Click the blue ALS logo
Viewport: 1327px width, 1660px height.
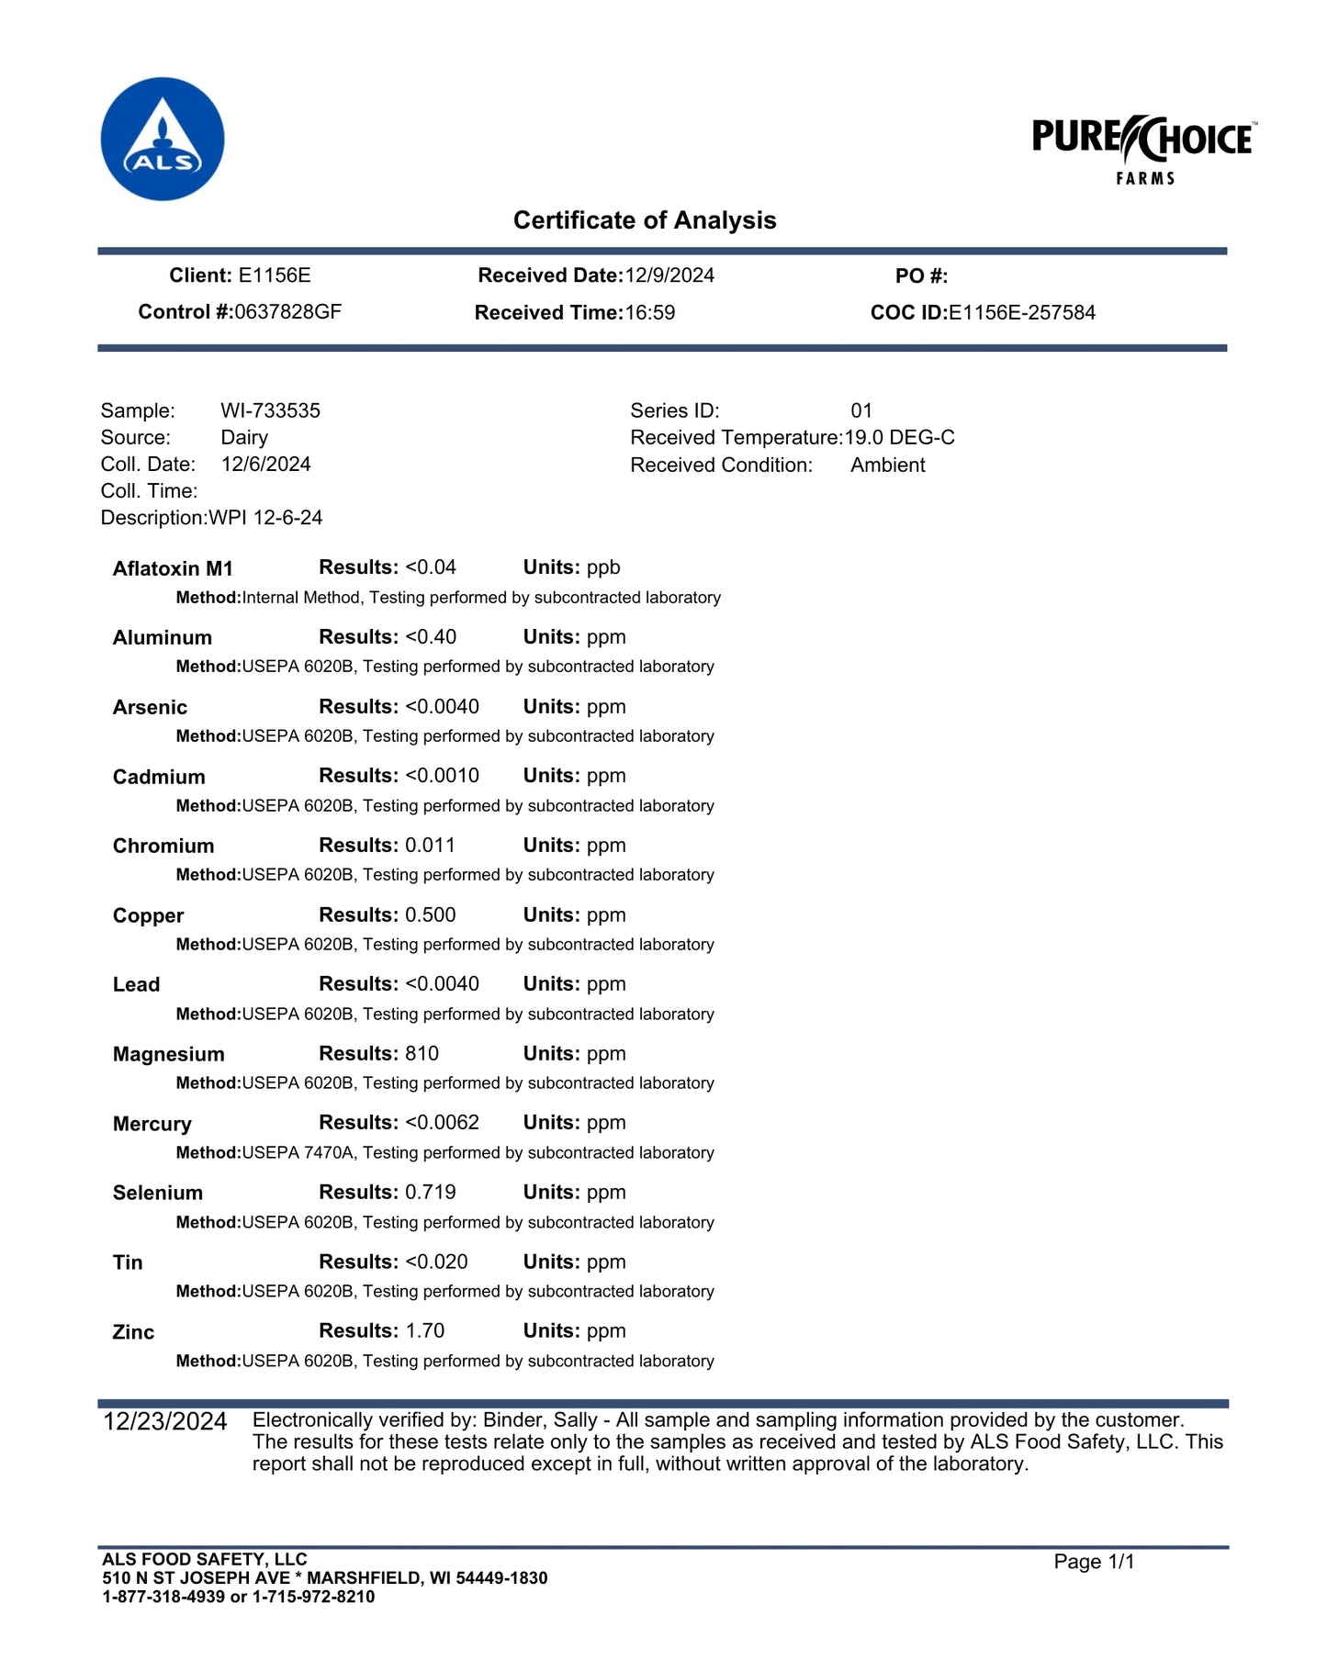[x=163, y=139]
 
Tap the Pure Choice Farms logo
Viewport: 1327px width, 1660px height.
[x=1144, y=150]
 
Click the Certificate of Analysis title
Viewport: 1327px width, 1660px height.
[x=645, y=220]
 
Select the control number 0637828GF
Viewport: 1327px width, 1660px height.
[x=287, y=312]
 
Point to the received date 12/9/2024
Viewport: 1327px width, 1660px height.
[x=669, y=275]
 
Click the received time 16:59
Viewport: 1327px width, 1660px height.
[x=650, y=313]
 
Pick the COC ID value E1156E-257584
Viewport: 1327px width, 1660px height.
[x=1022, y=313]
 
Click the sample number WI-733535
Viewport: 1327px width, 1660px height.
[x=271, y=410]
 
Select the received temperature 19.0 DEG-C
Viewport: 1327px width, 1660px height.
[x=900, y=438]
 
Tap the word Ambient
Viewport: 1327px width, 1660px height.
[x=888, y=465]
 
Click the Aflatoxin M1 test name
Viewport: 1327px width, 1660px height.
[x=173, y=569]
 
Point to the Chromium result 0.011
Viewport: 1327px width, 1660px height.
[x=430, y=846]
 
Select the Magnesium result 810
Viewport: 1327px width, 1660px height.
[x=422, y=1054]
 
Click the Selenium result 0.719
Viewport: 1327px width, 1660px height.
[x=431, y=1193]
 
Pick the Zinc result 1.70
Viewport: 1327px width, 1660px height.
[x=425, y=1331]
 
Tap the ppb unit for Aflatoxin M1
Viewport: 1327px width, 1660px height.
[x=603, y=568]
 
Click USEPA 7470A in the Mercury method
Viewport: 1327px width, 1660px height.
[x=298, y=1153]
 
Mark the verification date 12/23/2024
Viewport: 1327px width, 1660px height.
[x=165, y=1422]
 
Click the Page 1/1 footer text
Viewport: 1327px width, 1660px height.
[x=1095, y=1562]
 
